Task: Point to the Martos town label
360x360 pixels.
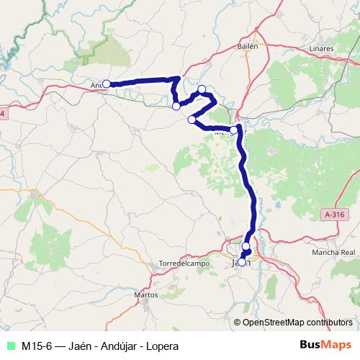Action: point(146,294)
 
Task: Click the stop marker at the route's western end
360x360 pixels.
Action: point(106,84)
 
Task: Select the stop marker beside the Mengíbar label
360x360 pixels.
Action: point(233,130)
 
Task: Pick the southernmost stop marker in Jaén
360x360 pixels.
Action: point(242,262)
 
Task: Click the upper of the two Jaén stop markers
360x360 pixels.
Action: point(246,246)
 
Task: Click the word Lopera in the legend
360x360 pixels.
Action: point(162,346)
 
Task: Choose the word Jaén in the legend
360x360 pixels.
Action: point(82,346)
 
